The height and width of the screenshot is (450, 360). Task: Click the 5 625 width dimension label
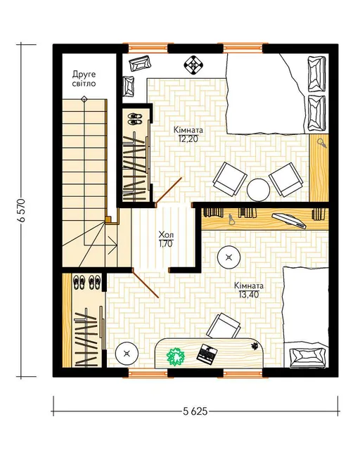195,411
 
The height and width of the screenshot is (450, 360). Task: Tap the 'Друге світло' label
84,79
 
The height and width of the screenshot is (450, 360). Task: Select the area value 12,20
188,139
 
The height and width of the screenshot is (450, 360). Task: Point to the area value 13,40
249,294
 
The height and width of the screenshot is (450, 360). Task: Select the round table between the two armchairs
259,190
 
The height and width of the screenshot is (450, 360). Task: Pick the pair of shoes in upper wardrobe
134,119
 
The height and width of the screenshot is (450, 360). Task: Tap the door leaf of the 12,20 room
169,191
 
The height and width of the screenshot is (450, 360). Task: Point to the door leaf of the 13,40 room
146,283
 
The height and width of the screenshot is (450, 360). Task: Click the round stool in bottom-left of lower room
127,353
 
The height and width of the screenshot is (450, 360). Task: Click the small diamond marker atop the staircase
84,99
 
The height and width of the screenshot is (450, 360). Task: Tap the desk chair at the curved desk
224,326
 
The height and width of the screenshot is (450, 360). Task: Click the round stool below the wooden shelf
229,257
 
